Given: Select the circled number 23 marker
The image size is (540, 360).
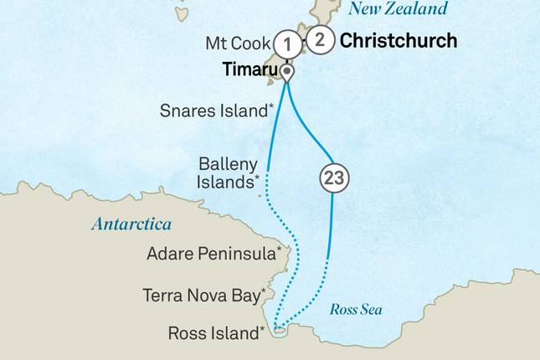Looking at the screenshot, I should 333,177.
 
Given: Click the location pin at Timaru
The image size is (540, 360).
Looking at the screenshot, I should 288,73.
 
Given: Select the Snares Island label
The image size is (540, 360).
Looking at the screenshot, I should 213,111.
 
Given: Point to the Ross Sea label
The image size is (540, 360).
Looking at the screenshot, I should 356,310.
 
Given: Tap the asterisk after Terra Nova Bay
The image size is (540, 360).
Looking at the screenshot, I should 264,291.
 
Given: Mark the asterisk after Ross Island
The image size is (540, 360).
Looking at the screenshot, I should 263,329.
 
